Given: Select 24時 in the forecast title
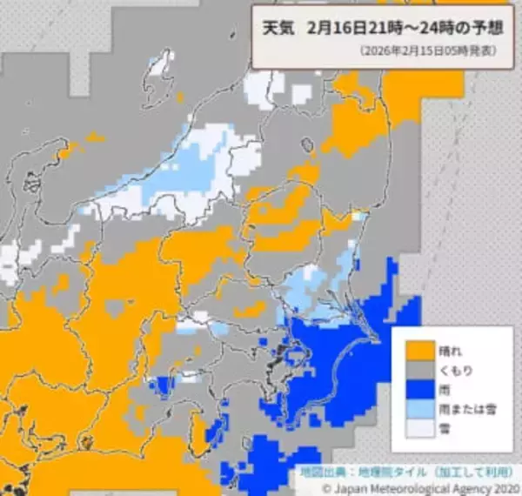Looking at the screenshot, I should [x=428, y=27].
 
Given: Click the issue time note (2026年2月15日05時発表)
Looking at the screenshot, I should [x=428, y=51].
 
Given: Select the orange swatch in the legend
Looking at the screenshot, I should [x=419, y=349].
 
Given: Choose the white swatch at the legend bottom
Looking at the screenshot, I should [x=419, y=429].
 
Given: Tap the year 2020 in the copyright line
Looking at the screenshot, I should [x=504, y=488].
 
